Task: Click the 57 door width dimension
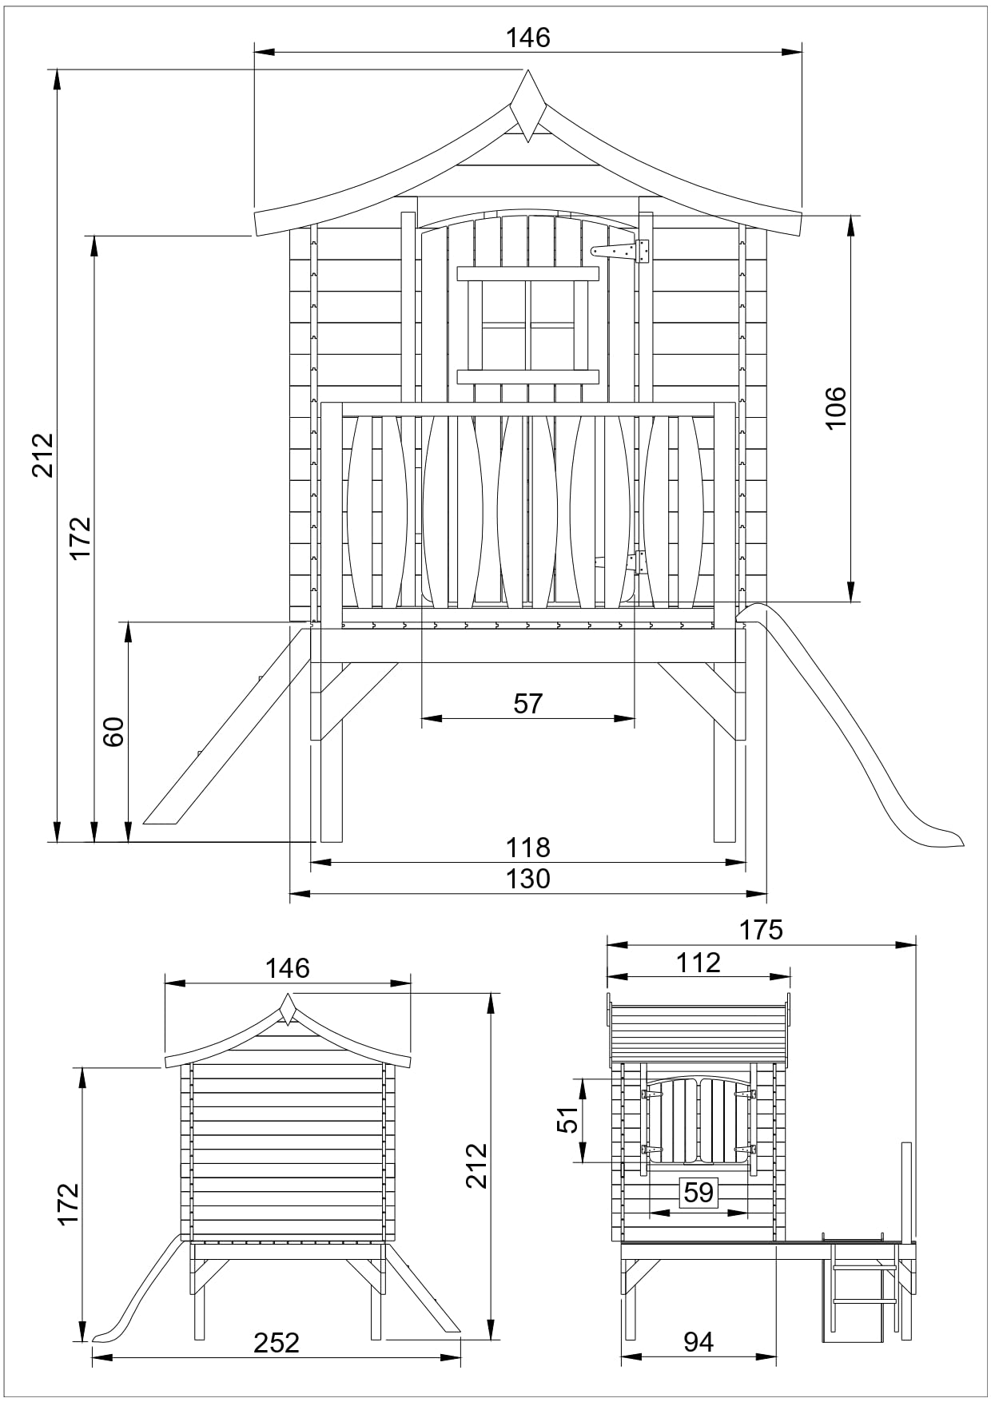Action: [528, 704]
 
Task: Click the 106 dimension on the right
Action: [835, 407]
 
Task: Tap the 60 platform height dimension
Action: [114, 731]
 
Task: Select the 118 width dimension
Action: [528, 847]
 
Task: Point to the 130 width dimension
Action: [528, 879]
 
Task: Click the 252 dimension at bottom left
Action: [277, 1343]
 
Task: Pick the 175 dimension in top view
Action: [761, 930]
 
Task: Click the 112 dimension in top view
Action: [698, 963]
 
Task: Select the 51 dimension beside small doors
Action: [567, 1120]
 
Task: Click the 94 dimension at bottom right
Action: [698, 1342]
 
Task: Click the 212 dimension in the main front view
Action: [42, 455]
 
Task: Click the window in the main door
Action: [528, 325]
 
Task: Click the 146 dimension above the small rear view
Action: [287, 968]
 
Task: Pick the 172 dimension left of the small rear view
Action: [69, 1204]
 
